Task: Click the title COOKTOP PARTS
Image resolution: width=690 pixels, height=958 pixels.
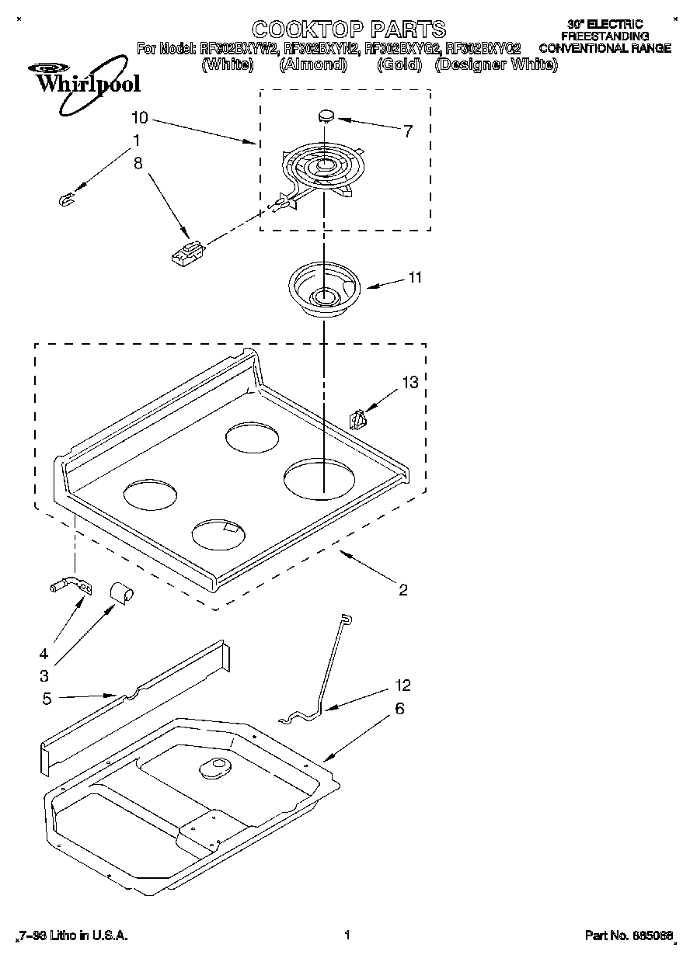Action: [x=349, y=30]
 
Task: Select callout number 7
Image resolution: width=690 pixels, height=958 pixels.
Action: [x=408, y=130]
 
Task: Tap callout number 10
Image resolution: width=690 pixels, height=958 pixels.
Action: [x=140, y=118]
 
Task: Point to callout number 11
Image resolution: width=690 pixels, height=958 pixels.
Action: [x=415, y=277]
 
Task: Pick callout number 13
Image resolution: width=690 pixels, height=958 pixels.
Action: [x=409, y=382]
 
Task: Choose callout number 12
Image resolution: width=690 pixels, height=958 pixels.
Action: [x=402, y=686]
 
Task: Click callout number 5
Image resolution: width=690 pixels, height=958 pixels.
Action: [x=47, y=699]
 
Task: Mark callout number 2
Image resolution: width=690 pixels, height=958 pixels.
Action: [x=402, y=590]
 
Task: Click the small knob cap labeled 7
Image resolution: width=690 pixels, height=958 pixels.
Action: [x=326, y=116]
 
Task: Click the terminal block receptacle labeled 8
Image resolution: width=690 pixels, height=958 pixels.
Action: [x=187, y=252]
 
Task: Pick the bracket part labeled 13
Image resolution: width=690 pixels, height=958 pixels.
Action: [x=358, y=419]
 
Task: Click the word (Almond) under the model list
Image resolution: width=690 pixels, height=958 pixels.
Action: [x=312, y=65]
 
